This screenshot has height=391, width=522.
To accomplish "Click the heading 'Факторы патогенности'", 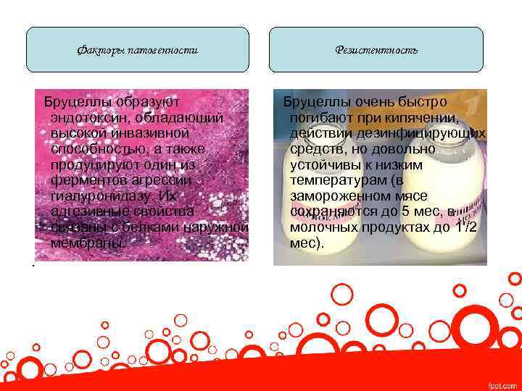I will [138, 50].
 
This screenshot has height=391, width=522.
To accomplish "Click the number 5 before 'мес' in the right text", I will [407, 212].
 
